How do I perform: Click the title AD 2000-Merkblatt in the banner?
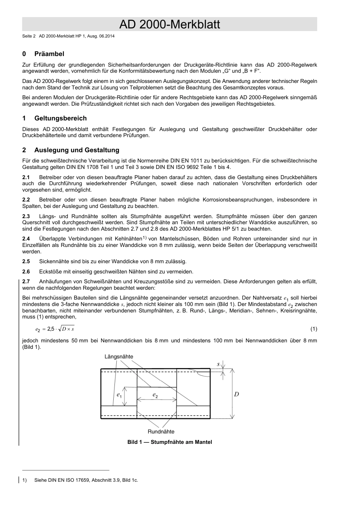pos(169,25)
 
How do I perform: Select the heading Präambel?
pos(49,54)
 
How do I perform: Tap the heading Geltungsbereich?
pos(60,118)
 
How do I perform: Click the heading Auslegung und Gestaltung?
pos(77,150)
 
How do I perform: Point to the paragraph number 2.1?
pos(26,177)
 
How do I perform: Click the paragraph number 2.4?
pos(26,239)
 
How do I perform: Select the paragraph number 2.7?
pos(26,281)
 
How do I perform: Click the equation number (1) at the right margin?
pos(314,329)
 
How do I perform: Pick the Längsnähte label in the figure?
pos(119,357)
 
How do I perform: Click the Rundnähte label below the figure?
pos(161,431)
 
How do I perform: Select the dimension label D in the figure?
pos(236,394)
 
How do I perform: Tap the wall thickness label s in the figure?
pos(218,364)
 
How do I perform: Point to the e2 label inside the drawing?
pos(155,395)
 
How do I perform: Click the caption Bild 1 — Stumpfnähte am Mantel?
pos(169,442)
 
